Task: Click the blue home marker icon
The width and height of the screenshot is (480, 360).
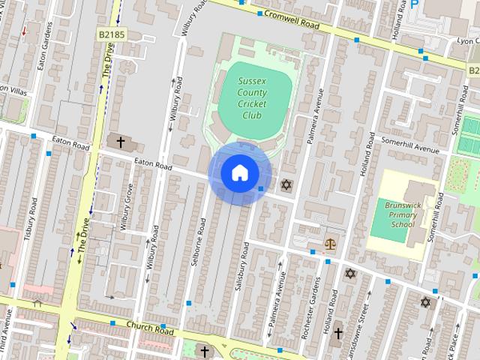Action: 238,172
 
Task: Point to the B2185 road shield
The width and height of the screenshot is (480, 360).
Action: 110,35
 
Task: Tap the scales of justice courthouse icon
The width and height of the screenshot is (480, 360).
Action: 330,243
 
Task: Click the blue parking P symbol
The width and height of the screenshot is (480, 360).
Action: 414,4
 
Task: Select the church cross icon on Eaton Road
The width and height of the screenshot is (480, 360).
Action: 120,141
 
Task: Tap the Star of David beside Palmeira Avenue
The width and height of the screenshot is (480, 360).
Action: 285,184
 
